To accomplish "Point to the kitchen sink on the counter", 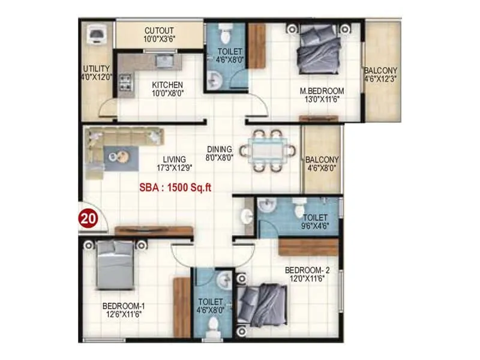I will pyautogui.click(x=163, y=60).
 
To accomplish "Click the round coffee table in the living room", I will pyautogui.click(x=118, y=155).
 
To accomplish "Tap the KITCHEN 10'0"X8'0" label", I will pyautogui.click(x=167, y=89).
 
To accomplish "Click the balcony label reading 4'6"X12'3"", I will pyautogui.click(x=381, y=74).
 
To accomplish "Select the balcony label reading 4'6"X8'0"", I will pyautogui.click(x=322, y=164).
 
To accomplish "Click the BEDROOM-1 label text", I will pyautogui.click(x=123, y=310).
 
